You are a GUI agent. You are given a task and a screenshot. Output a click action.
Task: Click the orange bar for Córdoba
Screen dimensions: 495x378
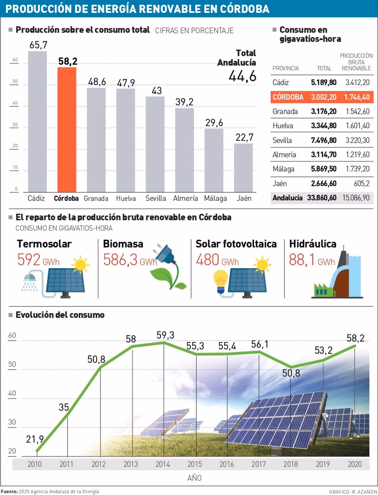coord(67,129)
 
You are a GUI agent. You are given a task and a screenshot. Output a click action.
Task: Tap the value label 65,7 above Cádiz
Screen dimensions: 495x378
coord(38,45)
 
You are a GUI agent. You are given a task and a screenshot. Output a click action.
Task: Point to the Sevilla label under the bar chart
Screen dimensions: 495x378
coord(156,198)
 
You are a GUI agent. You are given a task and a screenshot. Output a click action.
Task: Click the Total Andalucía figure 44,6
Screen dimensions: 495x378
coord(243,76)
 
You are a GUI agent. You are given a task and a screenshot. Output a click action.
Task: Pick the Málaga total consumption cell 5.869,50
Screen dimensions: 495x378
coord(324,169)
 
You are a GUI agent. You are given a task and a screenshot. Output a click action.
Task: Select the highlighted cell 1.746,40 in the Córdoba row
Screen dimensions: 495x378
coord(357,97)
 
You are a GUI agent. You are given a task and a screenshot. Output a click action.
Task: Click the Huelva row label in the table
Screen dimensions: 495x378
coord(283,126)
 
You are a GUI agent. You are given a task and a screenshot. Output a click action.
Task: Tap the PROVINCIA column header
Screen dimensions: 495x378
coord(285,68)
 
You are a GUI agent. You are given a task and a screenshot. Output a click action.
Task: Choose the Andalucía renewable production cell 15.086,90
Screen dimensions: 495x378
coord(356,198)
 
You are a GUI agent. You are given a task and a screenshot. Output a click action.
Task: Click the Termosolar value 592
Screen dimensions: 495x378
coord(29,260)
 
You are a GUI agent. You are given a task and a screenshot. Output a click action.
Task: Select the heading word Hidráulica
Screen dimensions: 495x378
coord(312,244)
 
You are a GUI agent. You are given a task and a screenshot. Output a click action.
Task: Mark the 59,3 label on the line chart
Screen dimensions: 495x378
coord(165,335)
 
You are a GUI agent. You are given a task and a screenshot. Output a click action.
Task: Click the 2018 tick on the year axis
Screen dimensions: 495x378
coord(290,464)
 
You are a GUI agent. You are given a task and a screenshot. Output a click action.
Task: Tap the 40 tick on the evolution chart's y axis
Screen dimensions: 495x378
coord(12,393)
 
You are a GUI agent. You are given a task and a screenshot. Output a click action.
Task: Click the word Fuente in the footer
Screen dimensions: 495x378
coord(9,492)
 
